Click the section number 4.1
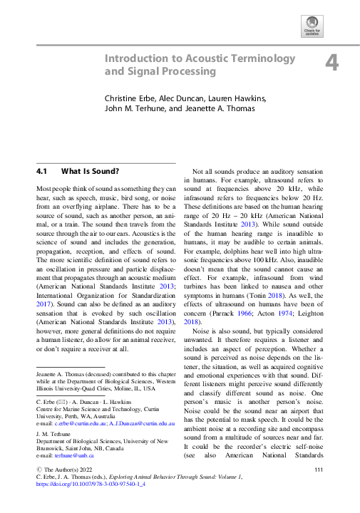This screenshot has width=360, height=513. (x=41, y=172)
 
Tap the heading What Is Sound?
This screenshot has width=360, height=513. (x=90, y=172)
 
